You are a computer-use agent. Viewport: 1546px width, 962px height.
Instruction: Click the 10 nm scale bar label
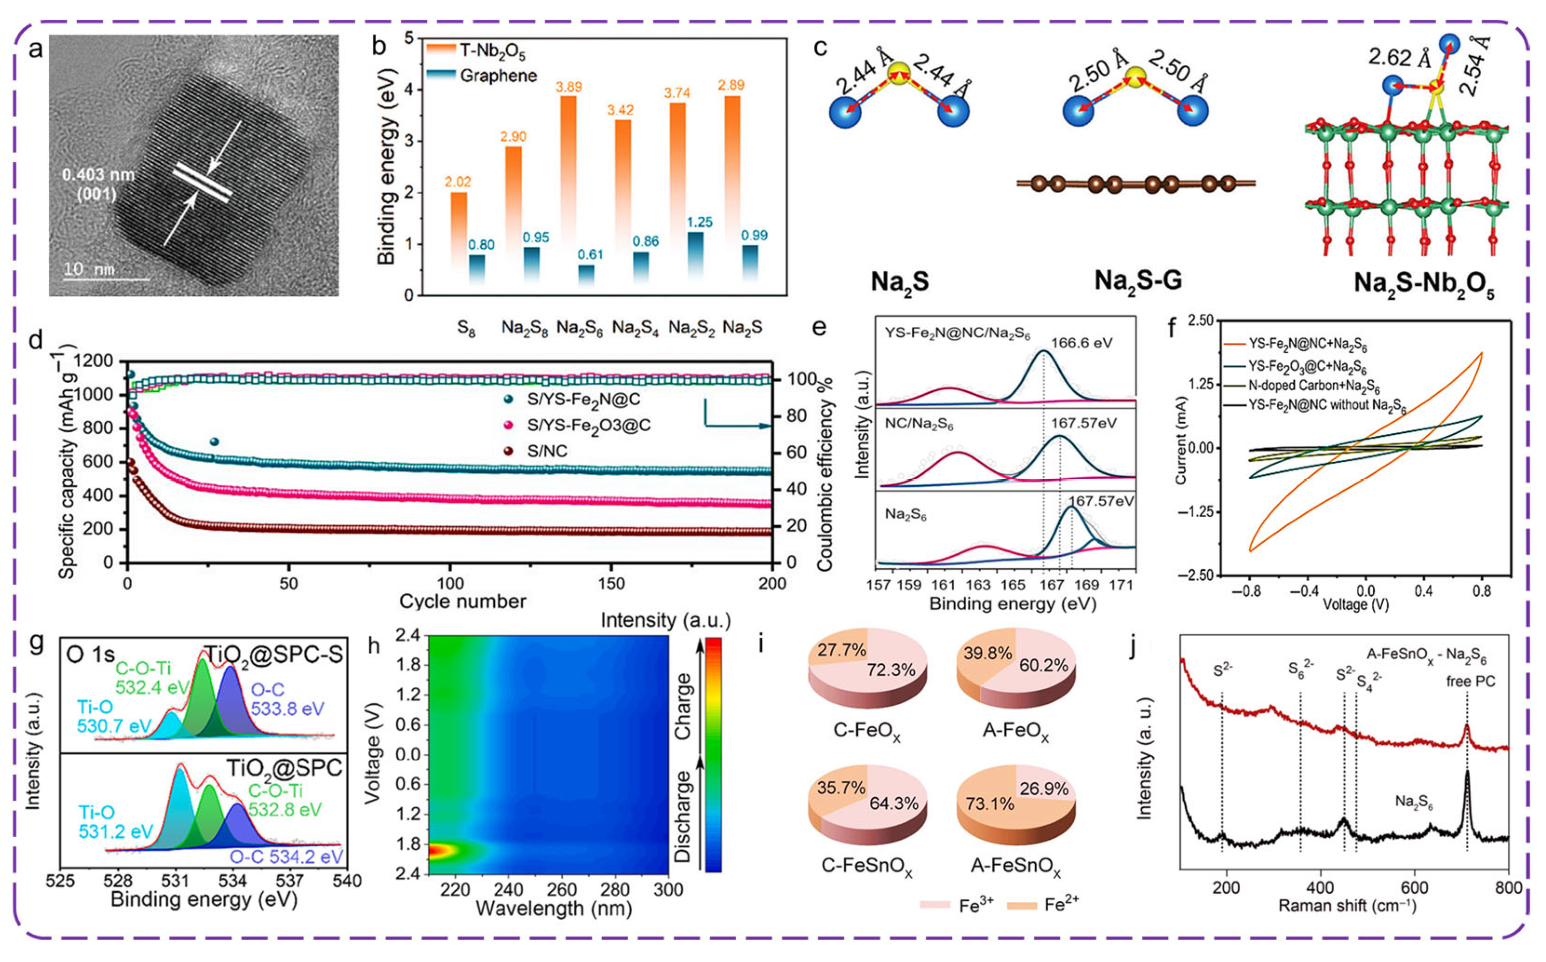pos(89,269)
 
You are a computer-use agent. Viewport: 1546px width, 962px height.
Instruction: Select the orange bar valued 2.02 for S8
pos(459,229)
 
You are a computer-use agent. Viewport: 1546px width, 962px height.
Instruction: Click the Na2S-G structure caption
pos(1137,280)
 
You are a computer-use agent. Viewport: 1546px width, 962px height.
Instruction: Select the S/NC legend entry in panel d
pos(547,451)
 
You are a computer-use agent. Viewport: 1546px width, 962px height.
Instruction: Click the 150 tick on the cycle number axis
pos(611,584)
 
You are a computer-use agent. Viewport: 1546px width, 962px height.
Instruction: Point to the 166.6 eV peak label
pos(1081,342)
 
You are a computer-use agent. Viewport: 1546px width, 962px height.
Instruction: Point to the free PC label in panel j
pos(1470,682)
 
